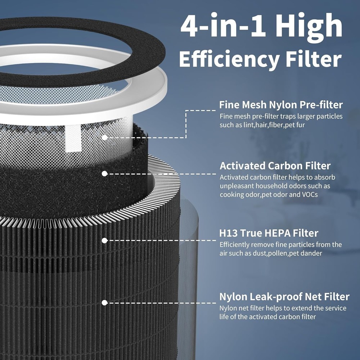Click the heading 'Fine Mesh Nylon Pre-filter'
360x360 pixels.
(x=281, y=105)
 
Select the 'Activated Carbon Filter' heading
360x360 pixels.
(x=275, y=166)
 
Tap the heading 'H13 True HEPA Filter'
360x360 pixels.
(x=269, y=233)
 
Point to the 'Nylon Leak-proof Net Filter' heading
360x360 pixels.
(x=284, y=297)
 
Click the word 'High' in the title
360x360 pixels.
(x=309, y=26)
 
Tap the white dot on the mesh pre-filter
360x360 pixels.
(x=104, y=138)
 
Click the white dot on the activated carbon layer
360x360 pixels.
(x=104, y=174)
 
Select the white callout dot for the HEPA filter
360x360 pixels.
(x=104, y=240)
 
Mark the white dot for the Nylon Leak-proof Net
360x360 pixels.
(x=104, y=303)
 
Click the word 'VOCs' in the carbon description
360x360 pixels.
(x=310, y=195)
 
